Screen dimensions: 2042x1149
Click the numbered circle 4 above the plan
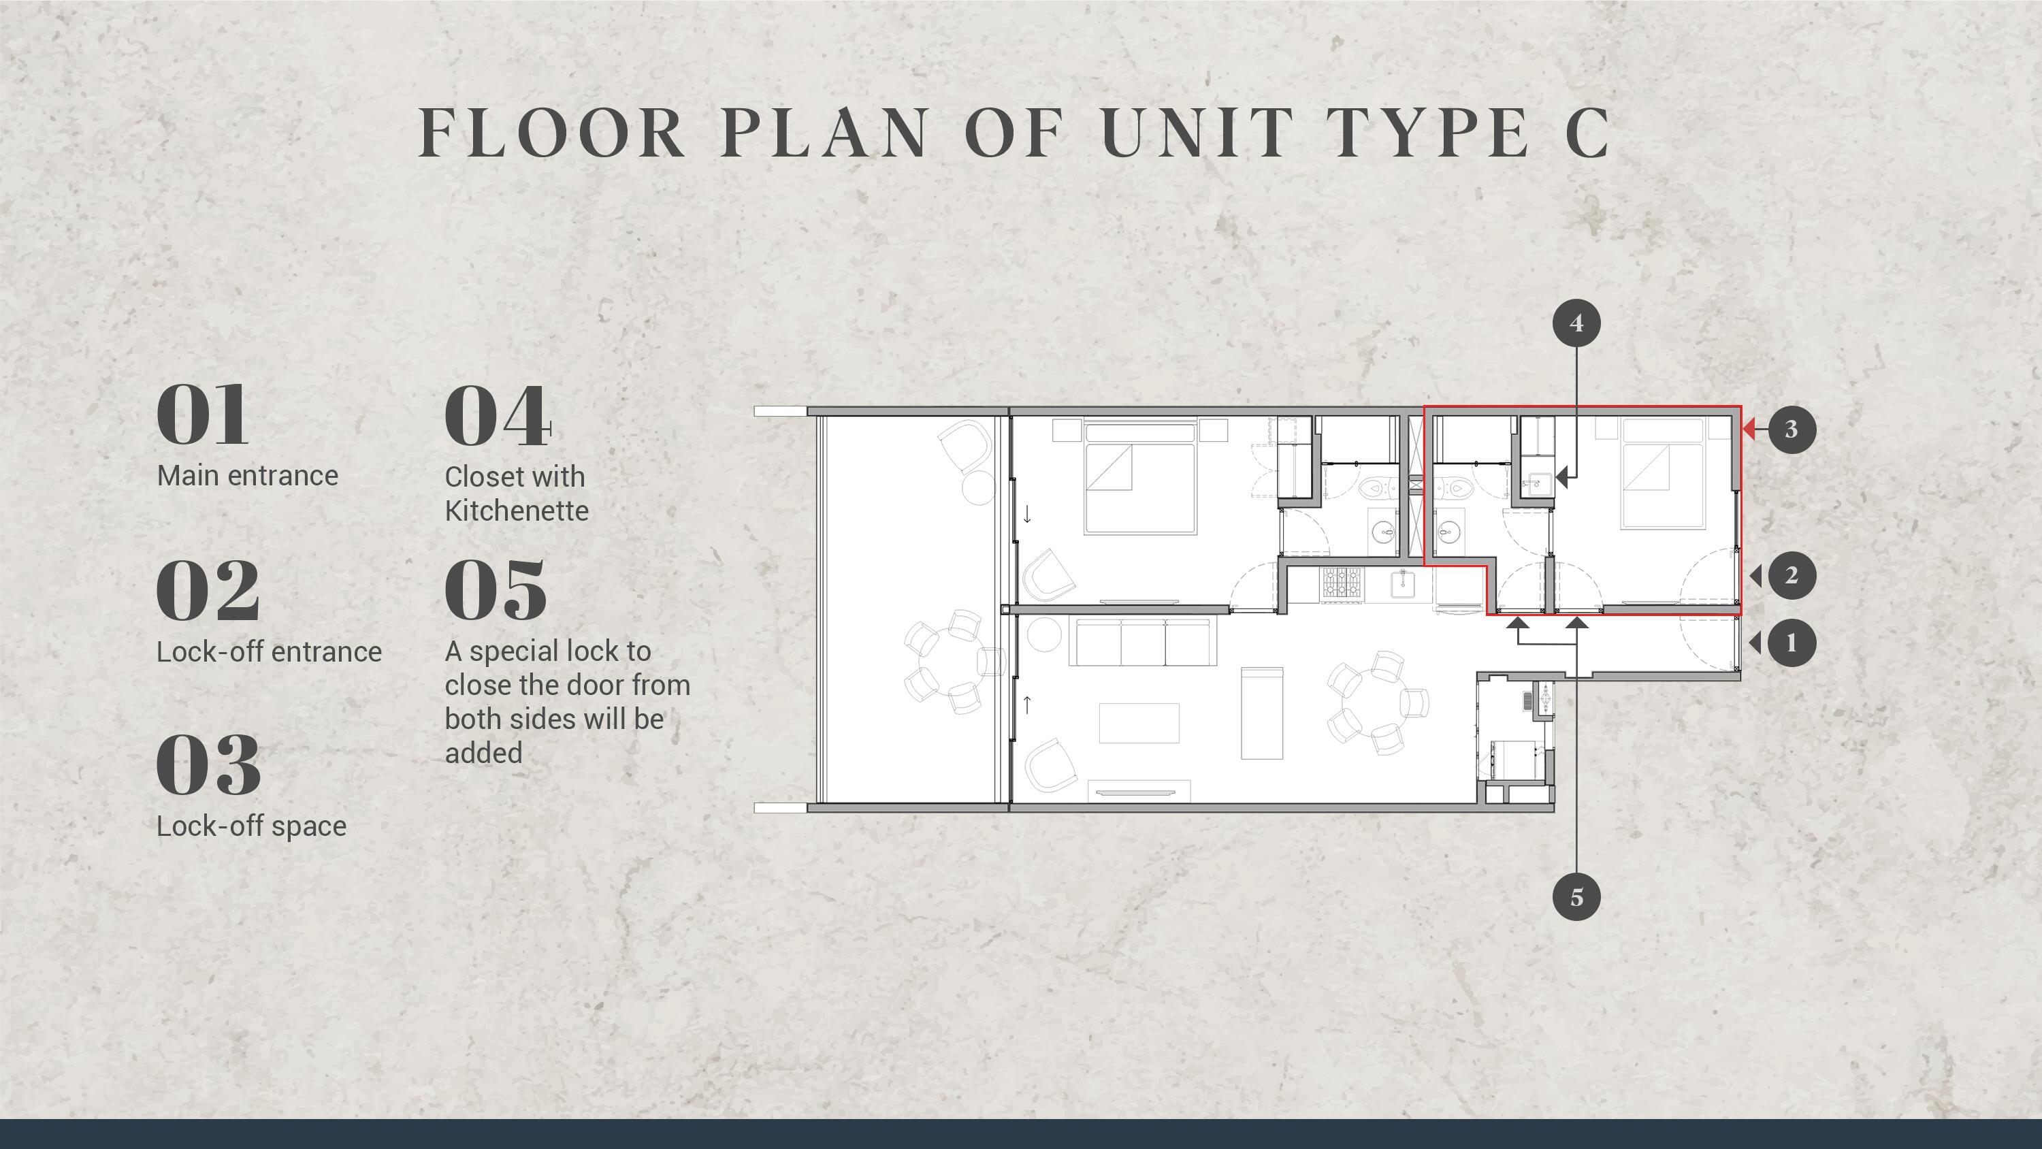pyautogui.click(x=1576, y=323)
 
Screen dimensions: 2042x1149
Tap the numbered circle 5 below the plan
pyautogui.click(x=1576, y=897)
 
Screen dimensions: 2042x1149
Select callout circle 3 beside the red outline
pyautogui.click(x=1791, y=429)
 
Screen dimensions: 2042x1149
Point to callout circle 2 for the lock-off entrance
pyautogui.click(x=1791, y=575)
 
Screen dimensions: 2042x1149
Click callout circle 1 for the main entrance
pyautogui.click(x=1791, y=643)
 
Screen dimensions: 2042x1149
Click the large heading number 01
pyautogui.click(x=203, y=415)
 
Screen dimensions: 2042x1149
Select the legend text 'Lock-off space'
pyautogui.click(x=251, y=826)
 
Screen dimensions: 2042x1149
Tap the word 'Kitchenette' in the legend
pyautogui.click(x=517, y=511)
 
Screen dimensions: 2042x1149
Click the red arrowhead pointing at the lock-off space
pyautogui.click(x=1749, y=429)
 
